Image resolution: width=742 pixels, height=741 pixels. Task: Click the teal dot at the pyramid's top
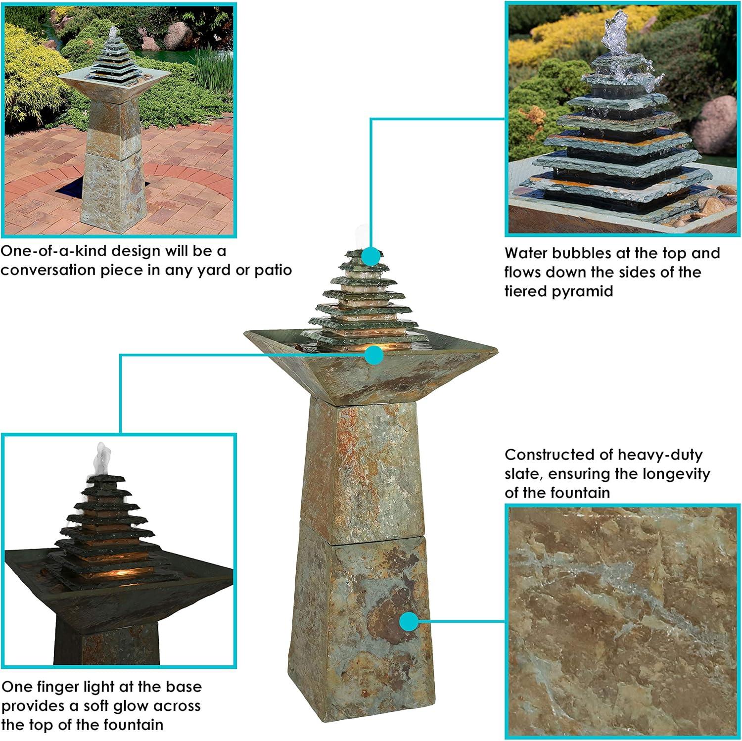(371, 257)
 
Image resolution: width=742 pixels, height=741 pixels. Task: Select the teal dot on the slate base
(409, 621)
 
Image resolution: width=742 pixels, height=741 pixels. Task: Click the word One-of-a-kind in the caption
(53, 251)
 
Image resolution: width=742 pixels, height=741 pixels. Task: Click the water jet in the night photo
(102, 458)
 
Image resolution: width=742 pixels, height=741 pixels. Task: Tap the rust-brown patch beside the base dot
(383, 616)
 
